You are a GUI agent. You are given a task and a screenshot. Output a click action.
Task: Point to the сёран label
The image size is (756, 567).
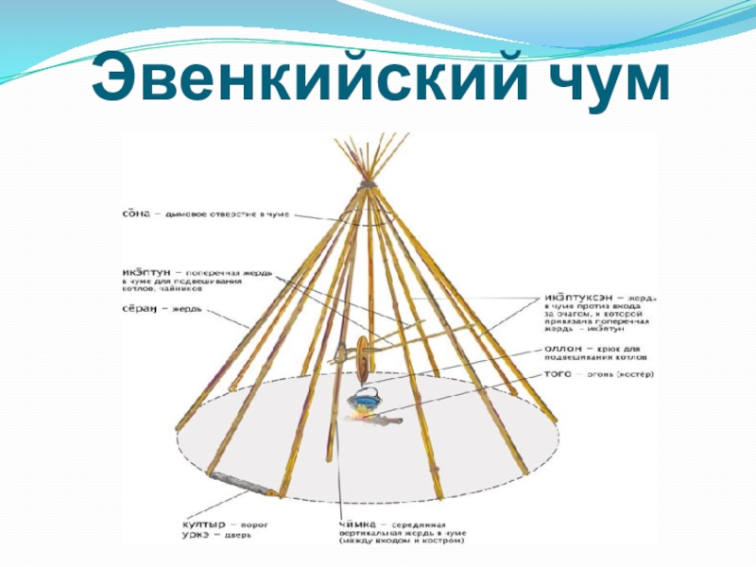[142, 309]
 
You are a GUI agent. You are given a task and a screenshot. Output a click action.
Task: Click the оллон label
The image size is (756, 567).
[563, 349]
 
